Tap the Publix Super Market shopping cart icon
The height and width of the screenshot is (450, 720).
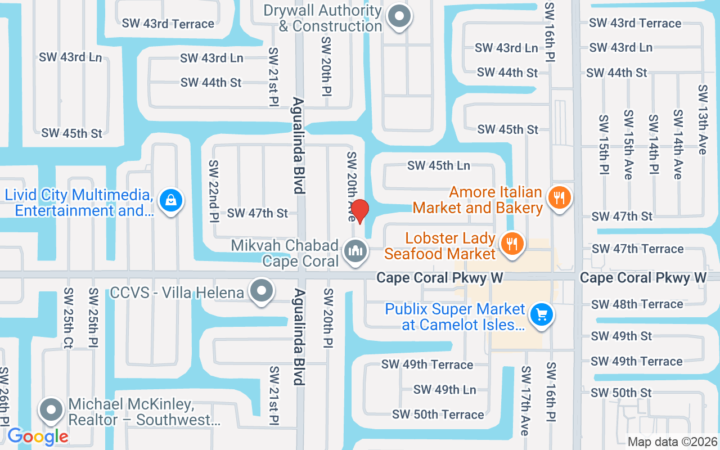pyautogui.click(x=541, y=314)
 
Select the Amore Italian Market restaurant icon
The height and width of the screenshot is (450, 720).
pyautogui.click(x=559, y=197)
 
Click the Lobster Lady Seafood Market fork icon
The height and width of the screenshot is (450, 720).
pyautogui.click(x=511, y=244)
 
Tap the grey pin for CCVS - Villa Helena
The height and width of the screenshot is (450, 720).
pyautogui.click(x=262, y=291)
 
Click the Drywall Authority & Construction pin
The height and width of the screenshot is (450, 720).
pyautogui.click(x=400, y=16)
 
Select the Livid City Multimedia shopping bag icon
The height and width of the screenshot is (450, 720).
pyautogui.click(x=169, y=200)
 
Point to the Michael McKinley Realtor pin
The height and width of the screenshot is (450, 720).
pyautogui.click(x=51, y=409)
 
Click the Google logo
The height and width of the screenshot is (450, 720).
pyautogui.click(x=38, y=436)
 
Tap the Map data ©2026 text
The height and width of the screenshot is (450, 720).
pyautogui.click(x=673, y=442)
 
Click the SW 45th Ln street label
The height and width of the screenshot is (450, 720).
pyautogui.click(x=439, y=165)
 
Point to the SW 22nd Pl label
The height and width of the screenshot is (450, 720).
pyautogui.click(x=214, y=191)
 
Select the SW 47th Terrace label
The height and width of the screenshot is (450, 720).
pyautogui.click(x=637, y=249)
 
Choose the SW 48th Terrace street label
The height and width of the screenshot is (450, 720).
pyautogui.click(x=637, y=304)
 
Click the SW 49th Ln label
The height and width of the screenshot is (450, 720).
pyautogui.click(x=444, y=389)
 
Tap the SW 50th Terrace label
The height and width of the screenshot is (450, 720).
pyautogui.click(x=438, y=415)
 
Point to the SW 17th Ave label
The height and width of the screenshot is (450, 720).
pyautogui.click(x=525, y=400)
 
